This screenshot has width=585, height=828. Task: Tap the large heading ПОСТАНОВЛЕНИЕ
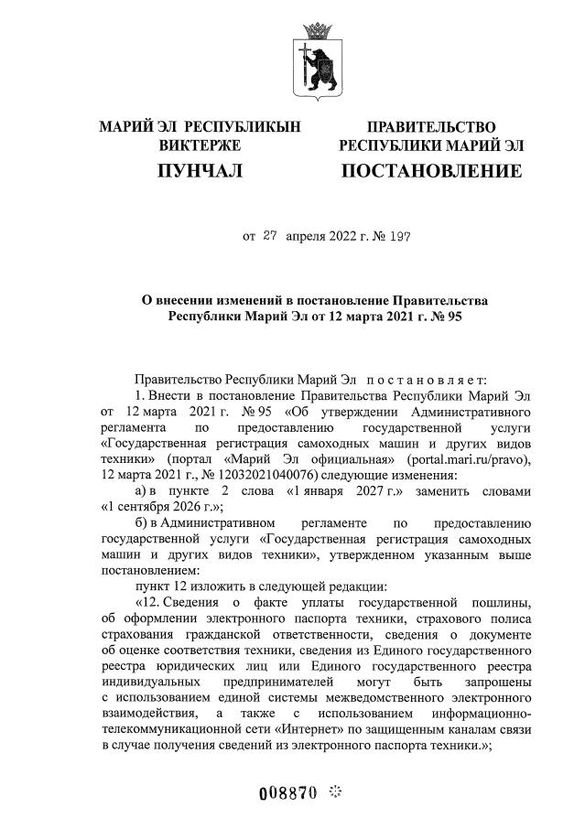point(431,171)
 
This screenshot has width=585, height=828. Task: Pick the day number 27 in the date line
point(269,235)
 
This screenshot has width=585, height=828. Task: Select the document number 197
point(399,235)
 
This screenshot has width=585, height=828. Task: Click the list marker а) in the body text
point(142,490)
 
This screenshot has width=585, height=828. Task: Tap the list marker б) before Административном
point(142,523)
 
